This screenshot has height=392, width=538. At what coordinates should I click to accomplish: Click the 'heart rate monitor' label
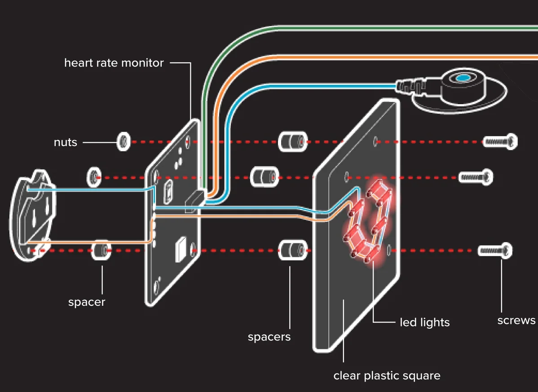(x=114, y=63)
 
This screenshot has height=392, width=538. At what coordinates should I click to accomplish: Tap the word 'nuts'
(x=66, y=142)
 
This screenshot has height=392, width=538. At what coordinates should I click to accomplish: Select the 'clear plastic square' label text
(x=387, y=375)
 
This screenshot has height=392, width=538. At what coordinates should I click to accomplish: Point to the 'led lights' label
(x=424, y=322)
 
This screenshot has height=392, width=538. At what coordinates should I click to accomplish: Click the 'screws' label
(x=516, y=320)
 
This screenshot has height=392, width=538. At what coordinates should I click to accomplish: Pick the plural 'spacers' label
(x=269, y=336)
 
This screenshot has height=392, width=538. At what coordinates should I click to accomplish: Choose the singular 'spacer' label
(x=87, y=302)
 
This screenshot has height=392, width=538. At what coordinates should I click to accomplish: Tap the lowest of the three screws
(x=494, y=250)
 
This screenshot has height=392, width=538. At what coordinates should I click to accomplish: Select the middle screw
(x=476, y=177)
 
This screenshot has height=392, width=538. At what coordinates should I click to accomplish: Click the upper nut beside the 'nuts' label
(x=123, y=142)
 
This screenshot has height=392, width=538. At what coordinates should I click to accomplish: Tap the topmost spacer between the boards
(x=293, y=142)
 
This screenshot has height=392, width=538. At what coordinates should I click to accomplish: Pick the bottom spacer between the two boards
(x=293, y=250)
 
